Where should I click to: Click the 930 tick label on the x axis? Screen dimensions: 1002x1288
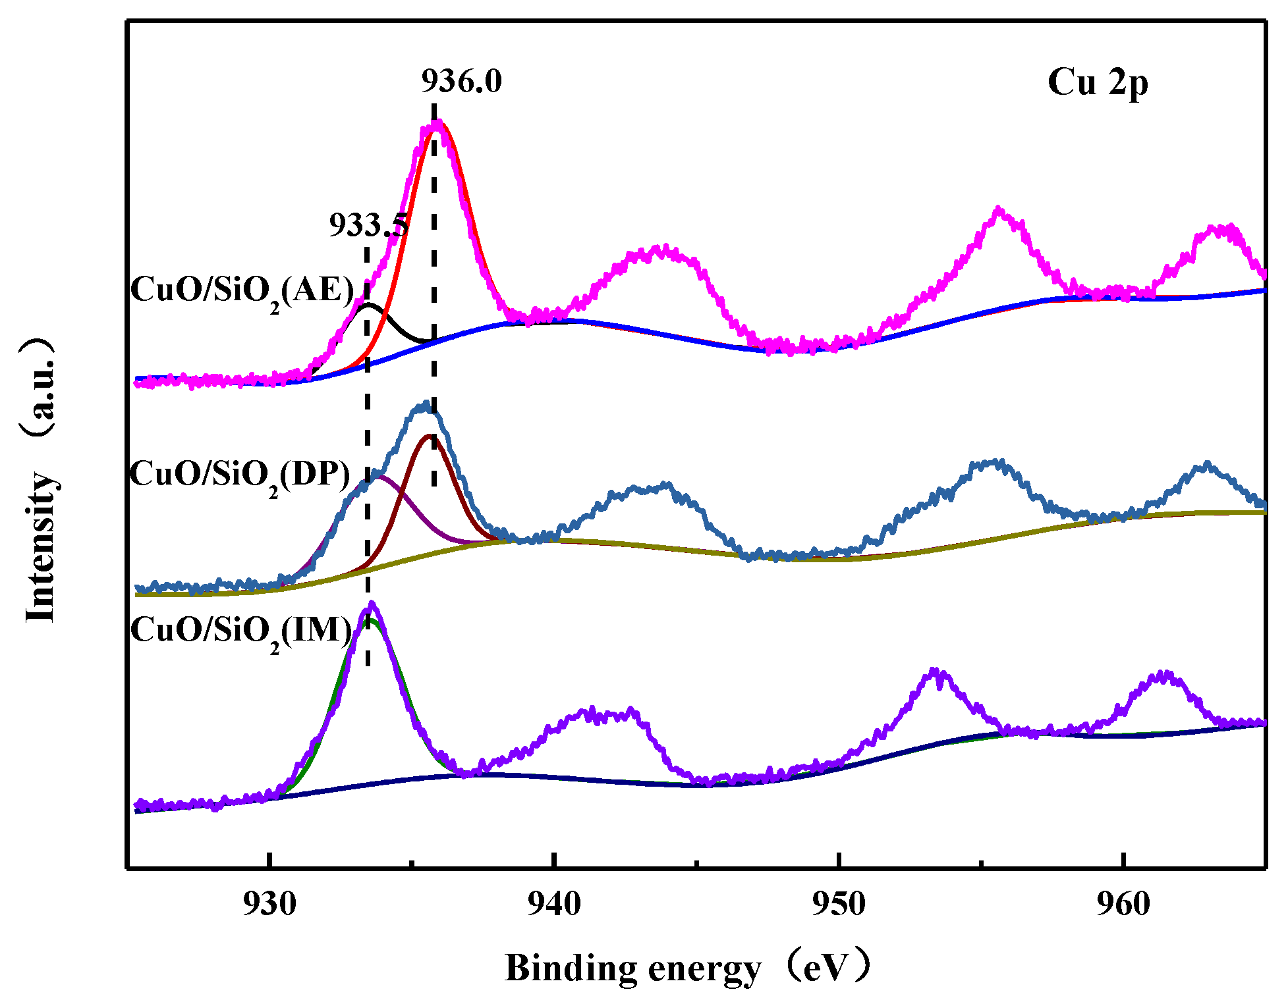tap(269, 904)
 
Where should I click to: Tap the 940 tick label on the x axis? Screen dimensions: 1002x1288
tap(554, 904)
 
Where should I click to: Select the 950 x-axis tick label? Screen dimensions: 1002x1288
tap(838, 904)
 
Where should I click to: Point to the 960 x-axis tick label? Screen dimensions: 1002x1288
tap(1123, 904)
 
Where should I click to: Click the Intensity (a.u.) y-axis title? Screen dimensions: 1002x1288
tap(39, 481)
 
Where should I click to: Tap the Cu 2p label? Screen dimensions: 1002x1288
tap(1098, 83)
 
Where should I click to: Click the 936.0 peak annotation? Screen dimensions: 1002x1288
tap(461, 82)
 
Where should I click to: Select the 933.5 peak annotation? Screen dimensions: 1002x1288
tap(368, 226)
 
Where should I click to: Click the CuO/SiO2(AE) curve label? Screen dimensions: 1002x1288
tap(242, 290)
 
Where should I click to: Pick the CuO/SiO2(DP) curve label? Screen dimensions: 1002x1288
tap(240, 474)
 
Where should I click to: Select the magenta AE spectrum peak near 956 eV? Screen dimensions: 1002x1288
tap(999, 209)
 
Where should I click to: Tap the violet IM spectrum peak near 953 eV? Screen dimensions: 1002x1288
tap(934, 671)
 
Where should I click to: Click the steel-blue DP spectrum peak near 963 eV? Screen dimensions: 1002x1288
tap(1206, 464)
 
